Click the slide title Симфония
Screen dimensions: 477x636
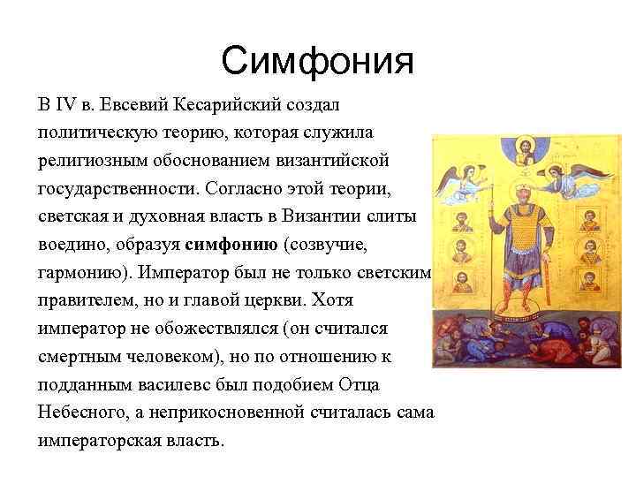(x=317, y=61)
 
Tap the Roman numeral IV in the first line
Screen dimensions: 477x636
(x=66, y=105)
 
